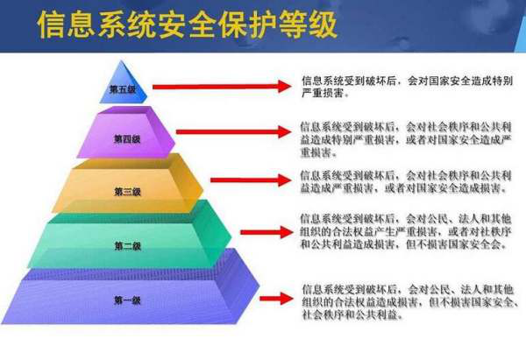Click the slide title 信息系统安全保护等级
pyautogui.click(x=186, y=26)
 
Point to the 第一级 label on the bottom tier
pyautogui.click(x=127, y=300)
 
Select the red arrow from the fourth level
pyautogui.click(x=232, y=131)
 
